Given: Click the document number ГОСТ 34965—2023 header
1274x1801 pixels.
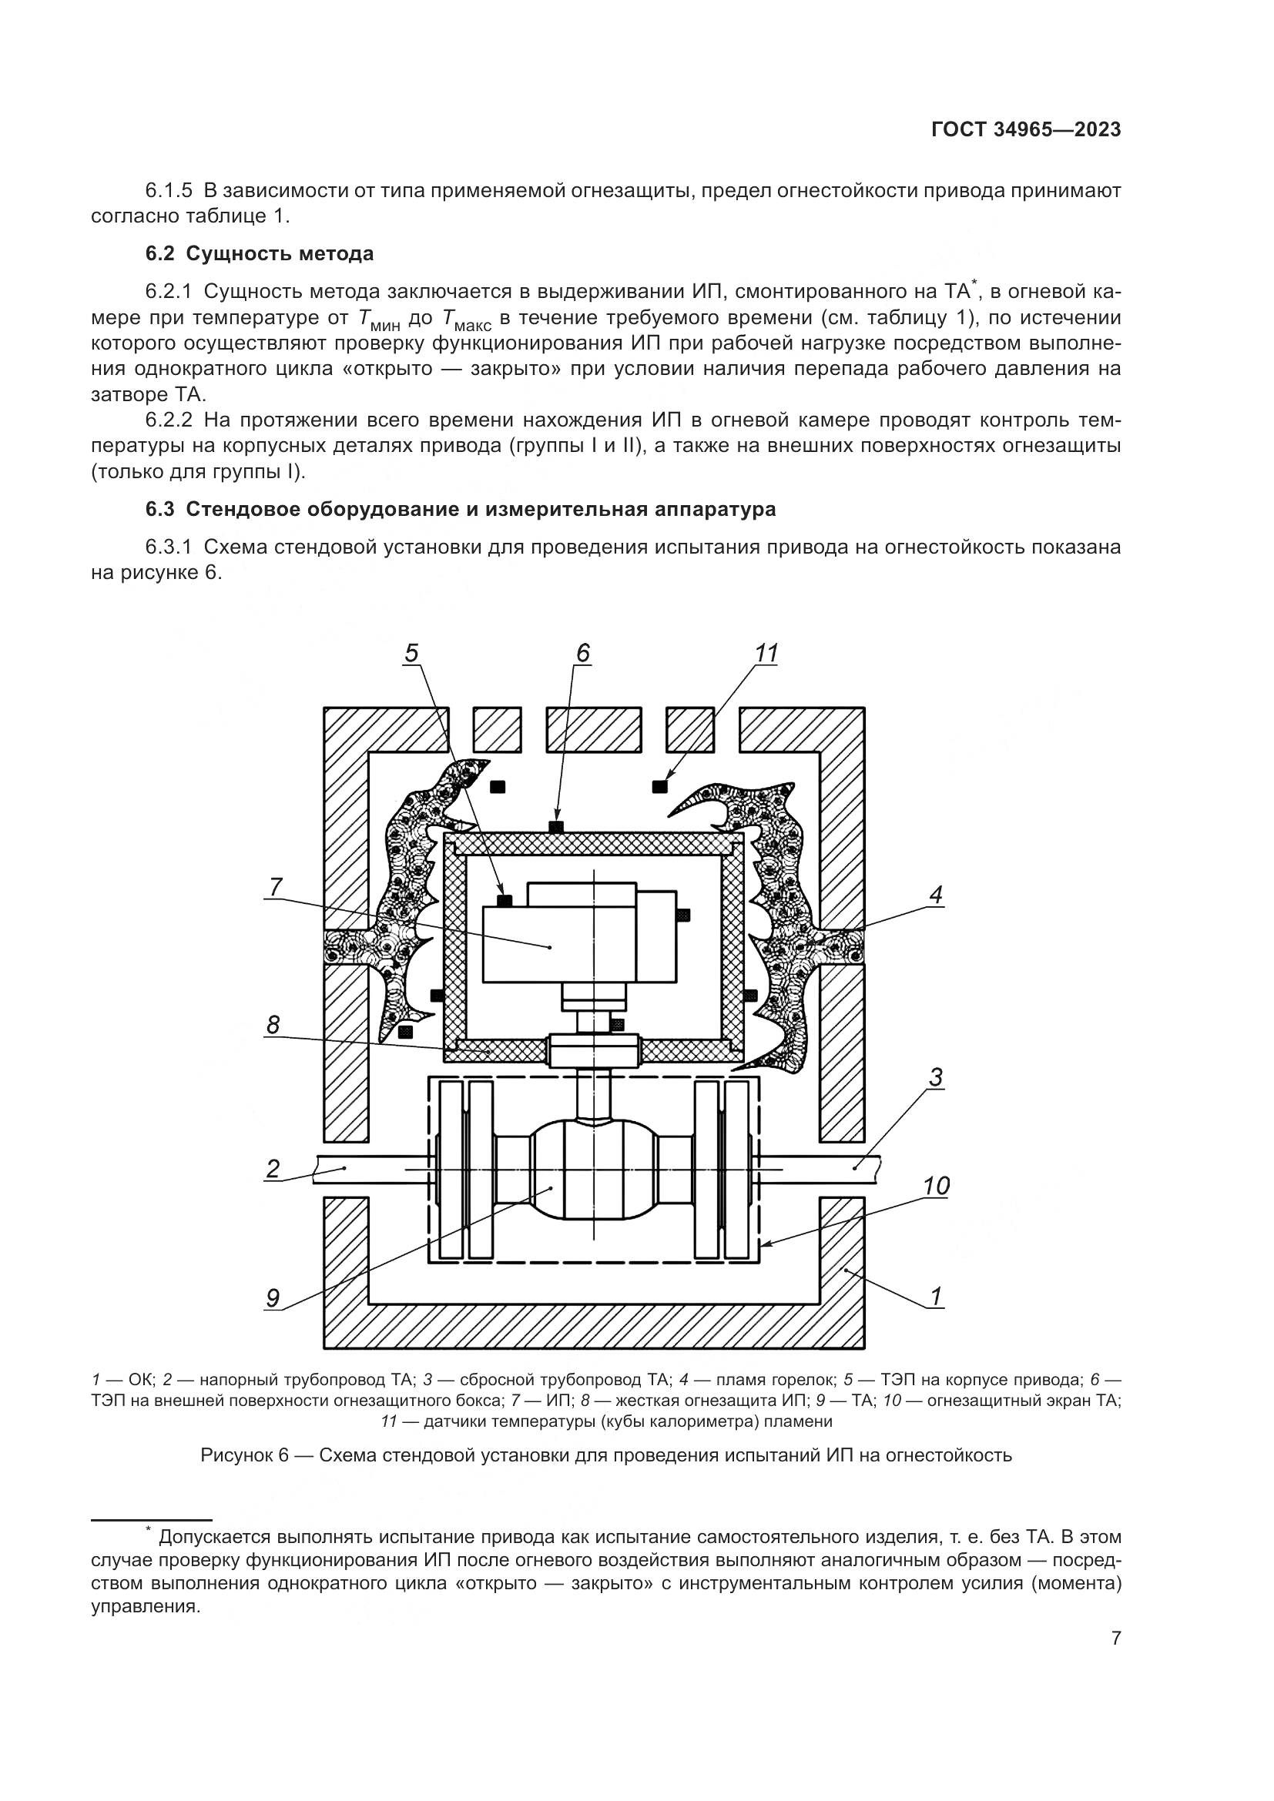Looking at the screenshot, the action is click(1025, 129).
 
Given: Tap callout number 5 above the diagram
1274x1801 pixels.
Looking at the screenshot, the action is click(412, 653).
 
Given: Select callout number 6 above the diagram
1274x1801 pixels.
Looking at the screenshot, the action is click(582, 653).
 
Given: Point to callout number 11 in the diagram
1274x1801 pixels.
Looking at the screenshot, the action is click(766, 653).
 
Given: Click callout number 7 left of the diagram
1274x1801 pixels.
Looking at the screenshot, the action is click(275, 887).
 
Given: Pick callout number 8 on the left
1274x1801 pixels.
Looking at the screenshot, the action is click(273, 1025).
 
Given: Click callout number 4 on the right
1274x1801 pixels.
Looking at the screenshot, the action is click(936, 894).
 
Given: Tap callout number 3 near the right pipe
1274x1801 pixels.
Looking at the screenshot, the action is click(936, 1078).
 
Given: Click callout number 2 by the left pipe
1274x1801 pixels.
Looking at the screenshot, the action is click(272, 1170).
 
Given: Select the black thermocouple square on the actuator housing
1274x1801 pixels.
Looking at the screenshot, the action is click(505, 901).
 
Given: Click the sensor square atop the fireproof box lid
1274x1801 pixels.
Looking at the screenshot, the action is click(557, 827).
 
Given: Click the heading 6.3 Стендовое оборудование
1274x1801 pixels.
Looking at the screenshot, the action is click(461, 509).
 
